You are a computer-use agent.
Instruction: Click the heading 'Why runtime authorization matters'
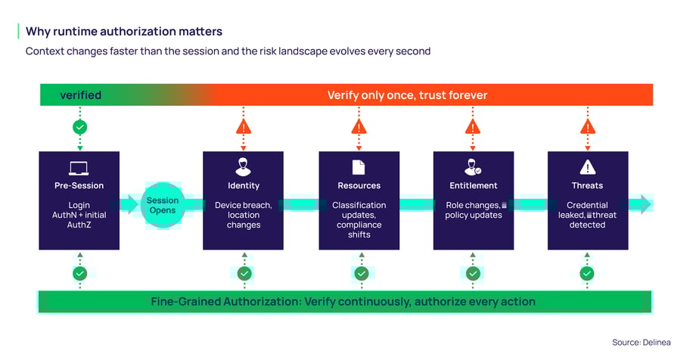point(123,31)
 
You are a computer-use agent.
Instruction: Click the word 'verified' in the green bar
point(80,95)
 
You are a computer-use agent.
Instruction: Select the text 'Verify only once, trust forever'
point(407,95)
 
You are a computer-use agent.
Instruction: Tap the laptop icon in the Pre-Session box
point(79,168)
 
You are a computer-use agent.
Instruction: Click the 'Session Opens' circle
point(163,206)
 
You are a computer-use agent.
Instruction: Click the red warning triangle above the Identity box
point(244,127)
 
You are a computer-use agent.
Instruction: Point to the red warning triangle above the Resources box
point(359,127)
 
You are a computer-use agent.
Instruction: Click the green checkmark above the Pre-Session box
point(79,127)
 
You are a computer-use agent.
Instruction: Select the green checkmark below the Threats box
point(587,273)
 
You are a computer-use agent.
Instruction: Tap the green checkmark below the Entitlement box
point(473,273)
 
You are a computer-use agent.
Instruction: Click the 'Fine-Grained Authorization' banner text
point(343,302)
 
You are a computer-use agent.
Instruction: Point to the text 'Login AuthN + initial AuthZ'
point(79,215)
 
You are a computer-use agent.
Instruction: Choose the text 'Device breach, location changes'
point(244,215)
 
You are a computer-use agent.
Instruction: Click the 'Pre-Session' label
point(79,185)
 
